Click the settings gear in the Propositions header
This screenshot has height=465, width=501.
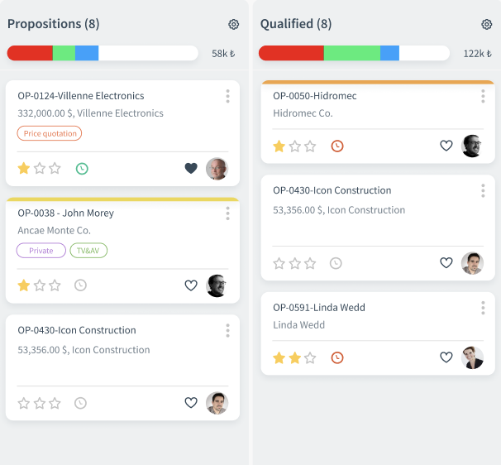coord(233,25)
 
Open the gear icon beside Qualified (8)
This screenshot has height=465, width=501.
coord(486,25)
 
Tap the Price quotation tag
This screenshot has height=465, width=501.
coord(49,133)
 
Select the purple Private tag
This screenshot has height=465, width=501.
coord(41,251)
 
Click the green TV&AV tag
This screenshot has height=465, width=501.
coord(88,251)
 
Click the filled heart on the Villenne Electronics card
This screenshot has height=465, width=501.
coord(191,169)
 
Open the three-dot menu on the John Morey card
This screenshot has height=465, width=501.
coord(227,213)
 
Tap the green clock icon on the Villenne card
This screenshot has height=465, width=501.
coord(82,169)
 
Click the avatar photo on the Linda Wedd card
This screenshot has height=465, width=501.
coord(472,358)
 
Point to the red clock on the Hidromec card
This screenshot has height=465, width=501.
coord(337,146)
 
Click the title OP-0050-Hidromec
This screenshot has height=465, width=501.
coord(314,96)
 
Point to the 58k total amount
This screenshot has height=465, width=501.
coord(223,54)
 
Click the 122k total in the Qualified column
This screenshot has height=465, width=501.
coord(477,54)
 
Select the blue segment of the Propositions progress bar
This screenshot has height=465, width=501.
coord(87,53)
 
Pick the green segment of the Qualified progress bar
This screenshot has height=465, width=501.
coord(351,53)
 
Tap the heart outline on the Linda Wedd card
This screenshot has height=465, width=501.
coord(446,358)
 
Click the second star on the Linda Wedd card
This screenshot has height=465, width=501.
coord(294,358)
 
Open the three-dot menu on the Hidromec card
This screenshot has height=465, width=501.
coord(483,96)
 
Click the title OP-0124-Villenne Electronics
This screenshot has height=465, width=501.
coord(81,96)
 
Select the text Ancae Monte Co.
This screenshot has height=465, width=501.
coord(55,231)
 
